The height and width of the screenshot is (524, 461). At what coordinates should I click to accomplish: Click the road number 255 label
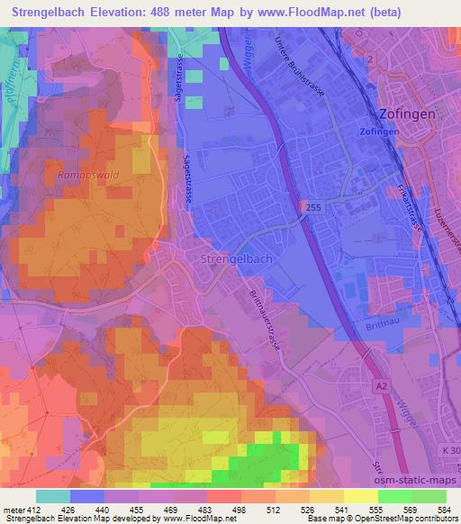311,207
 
